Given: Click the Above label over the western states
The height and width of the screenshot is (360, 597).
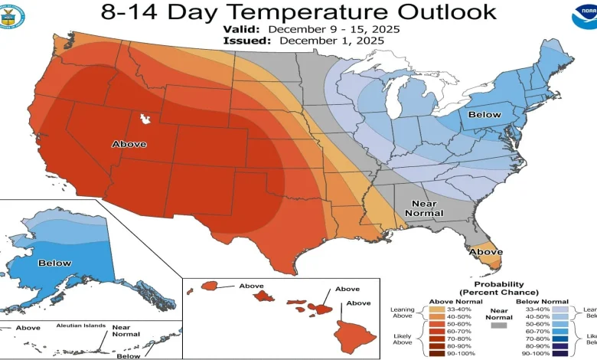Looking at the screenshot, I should point(129,144).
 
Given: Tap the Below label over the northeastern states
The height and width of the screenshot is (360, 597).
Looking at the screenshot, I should point(484,115).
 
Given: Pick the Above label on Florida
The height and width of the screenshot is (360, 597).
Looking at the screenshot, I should point(485,251).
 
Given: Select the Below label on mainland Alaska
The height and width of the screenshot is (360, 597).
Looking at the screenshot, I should point(54,263).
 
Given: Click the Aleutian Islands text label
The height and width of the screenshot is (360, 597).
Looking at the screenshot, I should point(80,326).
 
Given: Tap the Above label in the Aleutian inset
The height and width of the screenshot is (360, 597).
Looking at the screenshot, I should point(28,328).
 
